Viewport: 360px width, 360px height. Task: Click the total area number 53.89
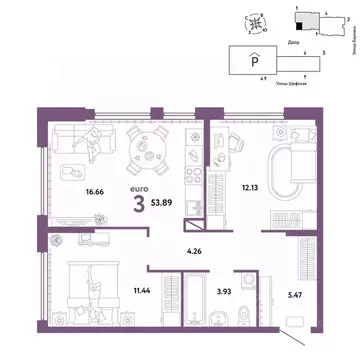[x=151, y=186]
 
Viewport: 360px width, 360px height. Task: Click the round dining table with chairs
[x=153, y=147]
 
